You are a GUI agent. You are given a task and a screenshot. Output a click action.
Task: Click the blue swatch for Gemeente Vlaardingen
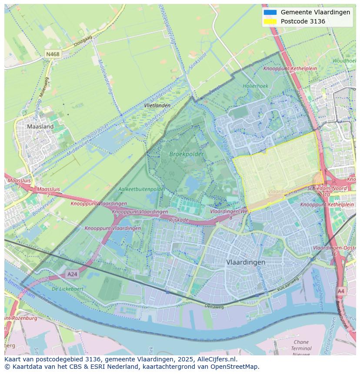[x=270, y=12]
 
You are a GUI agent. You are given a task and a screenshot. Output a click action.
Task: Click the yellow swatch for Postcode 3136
[x=270, y=21]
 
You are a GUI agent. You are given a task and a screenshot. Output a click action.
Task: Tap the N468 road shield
[x=53, y=54]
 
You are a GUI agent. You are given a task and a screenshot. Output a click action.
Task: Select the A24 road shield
[x=72, y=274]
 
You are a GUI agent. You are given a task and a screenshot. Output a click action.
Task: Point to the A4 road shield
[x=341, y=291]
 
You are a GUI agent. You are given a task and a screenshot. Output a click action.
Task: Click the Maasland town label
[x=40, y=126]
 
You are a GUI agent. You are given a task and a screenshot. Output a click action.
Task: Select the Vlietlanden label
[x=157, y=106]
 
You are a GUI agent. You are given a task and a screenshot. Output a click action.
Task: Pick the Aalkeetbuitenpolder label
[x=142, y=189]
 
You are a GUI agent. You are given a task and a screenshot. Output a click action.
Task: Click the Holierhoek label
[x=255, y=86]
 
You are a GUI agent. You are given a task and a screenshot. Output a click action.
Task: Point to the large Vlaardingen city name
[x=246, y=262]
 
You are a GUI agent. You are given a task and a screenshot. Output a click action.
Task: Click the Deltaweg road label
[x=214, y=306]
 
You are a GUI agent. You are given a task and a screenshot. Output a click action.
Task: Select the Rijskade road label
[x=179, y=220]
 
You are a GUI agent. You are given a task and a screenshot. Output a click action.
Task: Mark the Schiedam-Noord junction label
[x=327, y=189]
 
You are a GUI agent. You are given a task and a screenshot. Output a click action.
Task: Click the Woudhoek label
[x=344, y=61]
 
